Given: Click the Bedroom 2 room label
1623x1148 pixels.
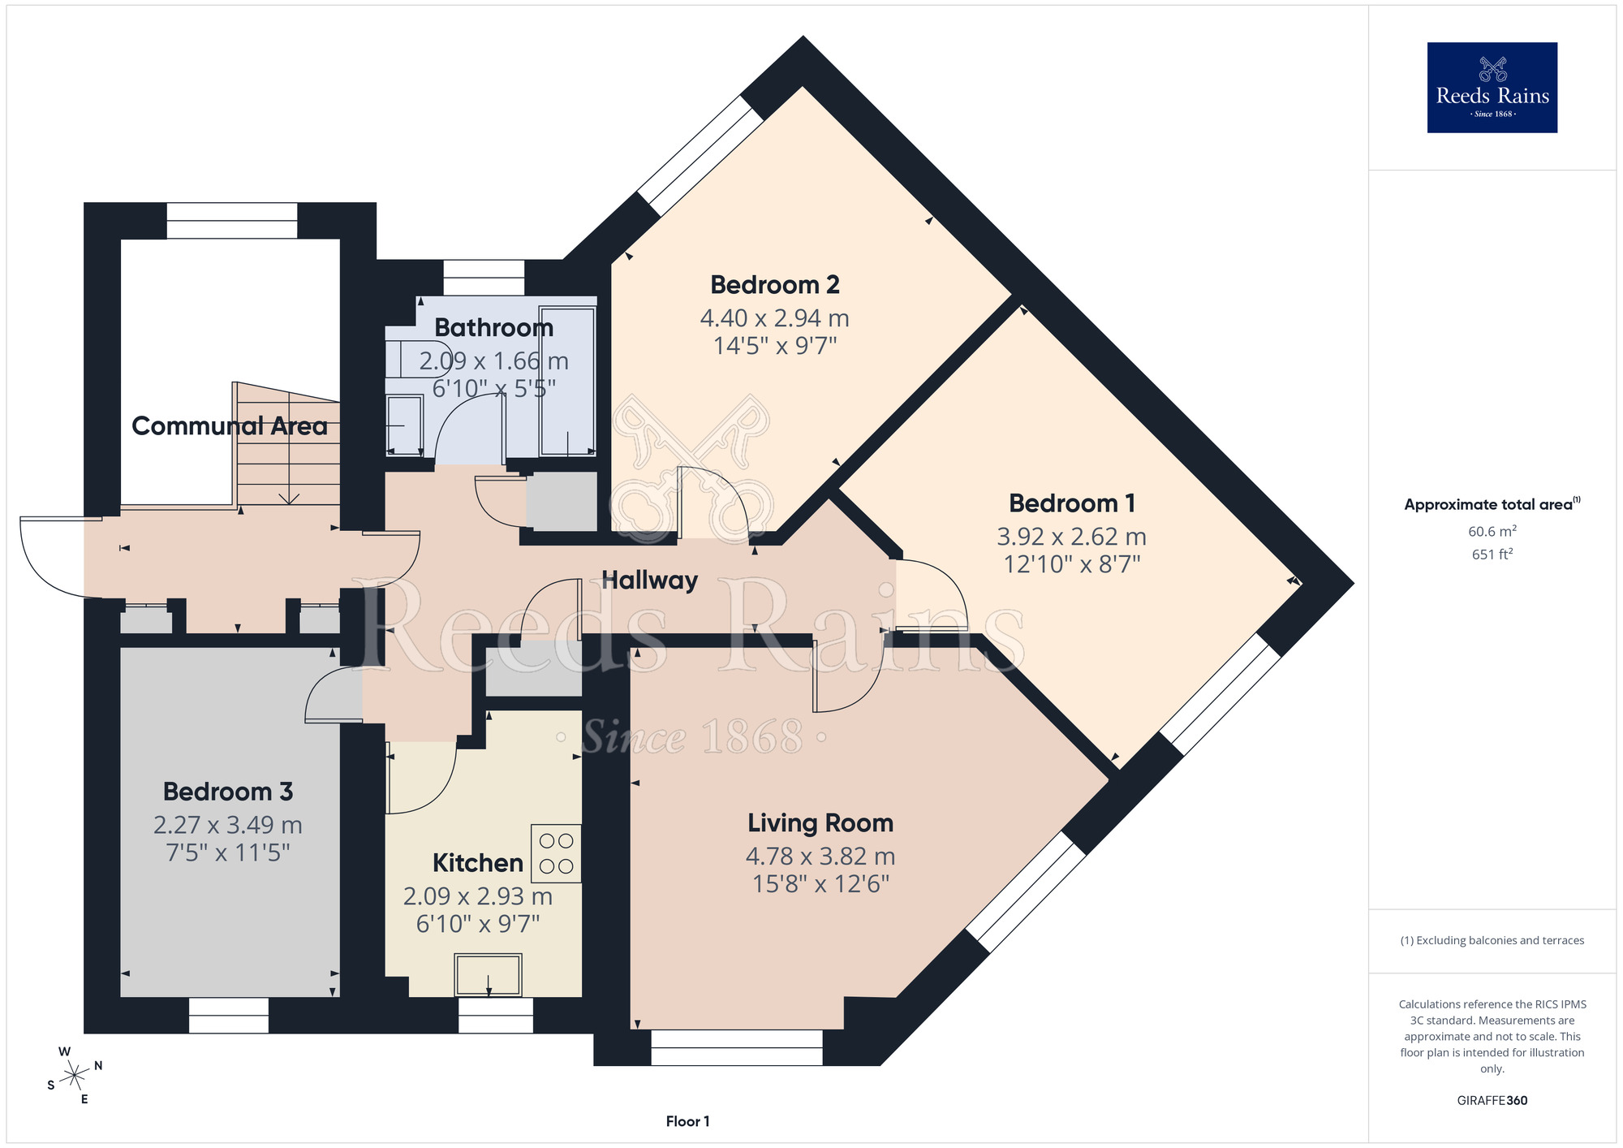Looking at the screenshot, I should coord(774,285).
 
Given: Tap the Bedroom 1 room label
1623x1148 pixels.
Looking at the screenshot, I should coord(1071,503).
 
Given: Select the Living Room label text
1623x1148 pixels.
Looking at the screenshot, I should coord(820,823).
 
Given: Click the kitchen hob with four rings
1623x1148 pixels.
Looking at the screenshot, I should coord(556,853).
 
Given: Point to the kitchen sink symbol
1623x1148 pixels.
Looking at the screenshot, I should coord(488,974).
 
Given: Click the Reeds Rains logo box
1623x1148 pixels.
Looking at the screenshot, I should coord(1492,88).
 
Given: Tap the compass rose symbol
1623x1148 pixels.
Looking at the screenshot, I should coord(75,1076).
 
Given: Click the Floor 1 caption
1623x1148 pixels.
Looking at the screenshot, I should coord(687,1121).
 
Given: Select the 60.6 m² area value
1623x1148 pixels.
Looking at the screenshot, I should coord(1492,532).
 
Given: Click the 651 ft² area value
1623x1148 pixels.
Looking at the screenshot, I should coord(1492,555).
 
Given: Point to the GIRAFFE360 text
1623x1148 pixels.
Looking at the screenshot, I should coord(1492,1101).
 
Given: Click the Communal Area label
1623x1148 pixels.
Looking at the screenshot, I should coord(229,426).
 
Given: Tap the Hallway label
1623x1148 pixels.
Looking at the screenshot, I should coord(649,580).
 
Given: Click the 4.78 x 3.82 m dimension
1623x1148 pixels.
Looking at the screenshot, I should coord(820,857).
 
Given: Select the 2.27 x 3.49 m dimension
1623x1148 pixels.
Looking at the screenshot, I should coord(228,825).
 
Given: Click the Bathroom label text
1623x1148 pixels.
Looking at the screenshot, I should coord(493,328).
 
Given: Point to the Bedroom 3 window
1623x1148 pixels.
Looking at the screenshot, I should coord(229,1015).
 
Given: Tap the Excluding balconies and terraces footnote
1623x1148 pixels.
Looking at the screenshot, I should coord(1492,941).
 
